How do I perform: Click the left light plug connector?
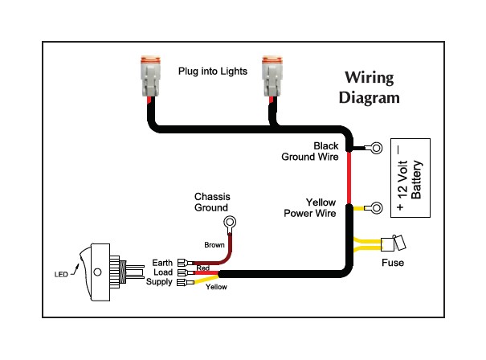click(x=151, y=76)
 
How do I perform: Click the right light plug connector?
click(x=272, y=76)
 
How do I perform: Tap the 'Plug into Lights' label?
click(x=213, y=72)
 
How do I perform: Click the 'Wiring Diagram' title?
click(x=370, y=88)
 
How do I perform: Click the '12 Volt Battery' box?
click(x=410, y=178)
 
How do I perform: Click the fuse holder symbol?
click(x=393, y=243)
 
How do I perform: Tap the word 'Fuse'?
click(x=393, y=263)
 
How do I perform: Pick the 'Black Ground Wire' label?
click(x=310, y=151)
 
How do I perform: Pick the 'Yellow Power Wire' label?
click(x=310, y=208)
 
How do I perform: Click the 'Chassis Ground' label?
click(x=212, y=202)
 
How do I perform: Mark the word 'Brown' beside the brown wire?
click(x=214, y=245)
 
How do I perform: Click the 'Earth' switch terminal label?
click(x=162, y=263)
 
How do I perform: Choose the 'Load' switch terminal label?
click(x=163, y=272)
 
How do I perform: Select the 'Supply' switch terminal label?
click(x=159, y=282)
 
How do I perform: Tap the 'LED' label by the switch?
click(x=61, y=274)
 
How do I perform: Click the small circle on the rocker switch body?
click(x=97, y=272)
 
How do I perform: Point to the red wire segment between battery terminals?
click(x=349, y=178)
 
